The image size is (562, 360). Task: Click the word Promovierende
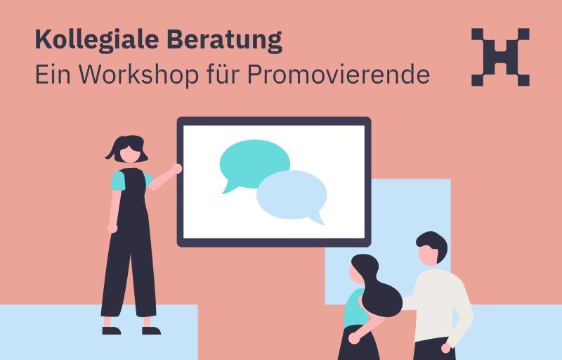(x=339, y=75)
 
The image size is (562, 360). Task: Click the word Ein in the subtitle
(x=53, y=74)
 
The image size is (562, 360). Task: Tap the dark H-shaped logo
(x=500, y=57)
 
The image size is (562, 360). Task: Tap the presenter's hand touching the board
(x=176, y=169)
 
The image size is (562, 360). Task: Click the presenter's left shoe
(x=112, y=330)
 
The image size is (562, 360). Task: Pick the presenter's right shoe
(x=151, y=330)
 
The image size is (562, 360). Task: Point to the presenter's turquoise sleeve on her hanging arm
(x=117, y=181)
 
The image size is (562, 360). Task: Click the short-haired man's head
(x=431, y=247)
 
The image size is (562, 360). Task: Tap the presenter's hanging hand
(x=112, y=229)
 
